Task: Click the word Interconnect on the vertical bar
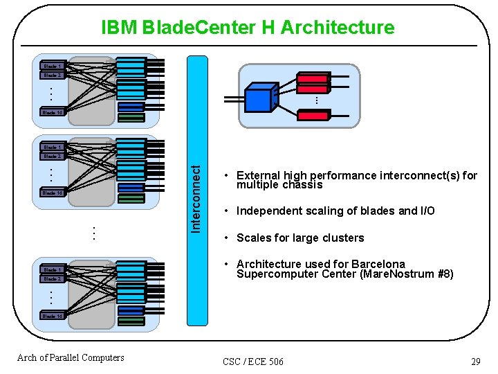tap(197, 198)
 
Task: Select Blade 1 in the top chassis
tap(53, 66)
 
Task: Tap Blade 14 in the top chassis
tap(53, 112)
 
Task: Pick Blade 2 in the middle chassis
tap(53, 156)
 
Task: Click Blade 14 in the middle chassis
tap(53, 193)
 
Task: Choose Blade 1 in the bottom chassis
tap(53, 269)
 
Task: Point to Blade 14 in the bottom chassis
tap(53, 315)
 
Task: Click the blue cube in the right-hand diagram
tap(259, 98)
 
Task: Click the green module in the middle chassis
tap(131, 198)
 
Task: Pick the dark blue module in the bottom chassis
tap(131, 310)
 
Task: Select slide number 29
tap(475, 362)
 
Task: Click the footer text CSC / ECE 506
tap(253, 362)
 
